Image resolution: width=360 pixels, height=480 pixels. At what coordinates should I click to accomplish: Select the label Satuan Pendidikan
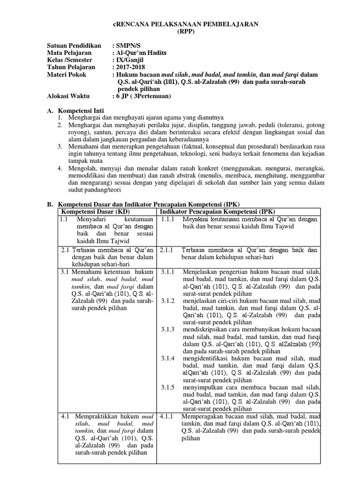(74, 45)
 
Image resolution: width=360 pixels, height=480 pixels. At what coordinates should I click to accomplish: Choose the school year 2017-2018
(134, 67)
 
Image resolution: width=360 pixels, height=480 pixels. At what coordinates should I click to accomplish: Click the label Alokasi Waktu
(70, 96)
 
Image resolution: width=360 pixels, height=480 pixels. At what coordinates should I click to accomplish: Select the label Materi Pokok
(67, 75)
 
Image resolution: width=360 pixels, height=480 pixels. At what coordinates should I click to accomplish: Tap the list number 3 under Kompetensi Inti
(60, 146)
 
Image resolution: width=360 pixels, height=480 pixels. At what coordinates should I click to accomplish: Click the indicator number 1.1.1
(168, 219)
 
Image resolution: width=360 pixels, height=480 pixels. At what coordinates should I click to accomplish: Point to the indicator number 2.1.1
(167, 250)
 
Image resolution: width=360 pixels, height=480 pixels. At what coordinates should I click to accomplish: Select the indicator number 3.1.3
(167, 329)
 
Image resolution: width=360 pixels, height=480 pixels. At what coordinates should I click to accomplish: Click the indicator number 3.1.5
(167, 387)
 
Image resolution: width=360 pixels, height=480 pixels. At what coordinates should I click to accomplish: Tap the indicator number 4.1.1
(167, 416)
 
